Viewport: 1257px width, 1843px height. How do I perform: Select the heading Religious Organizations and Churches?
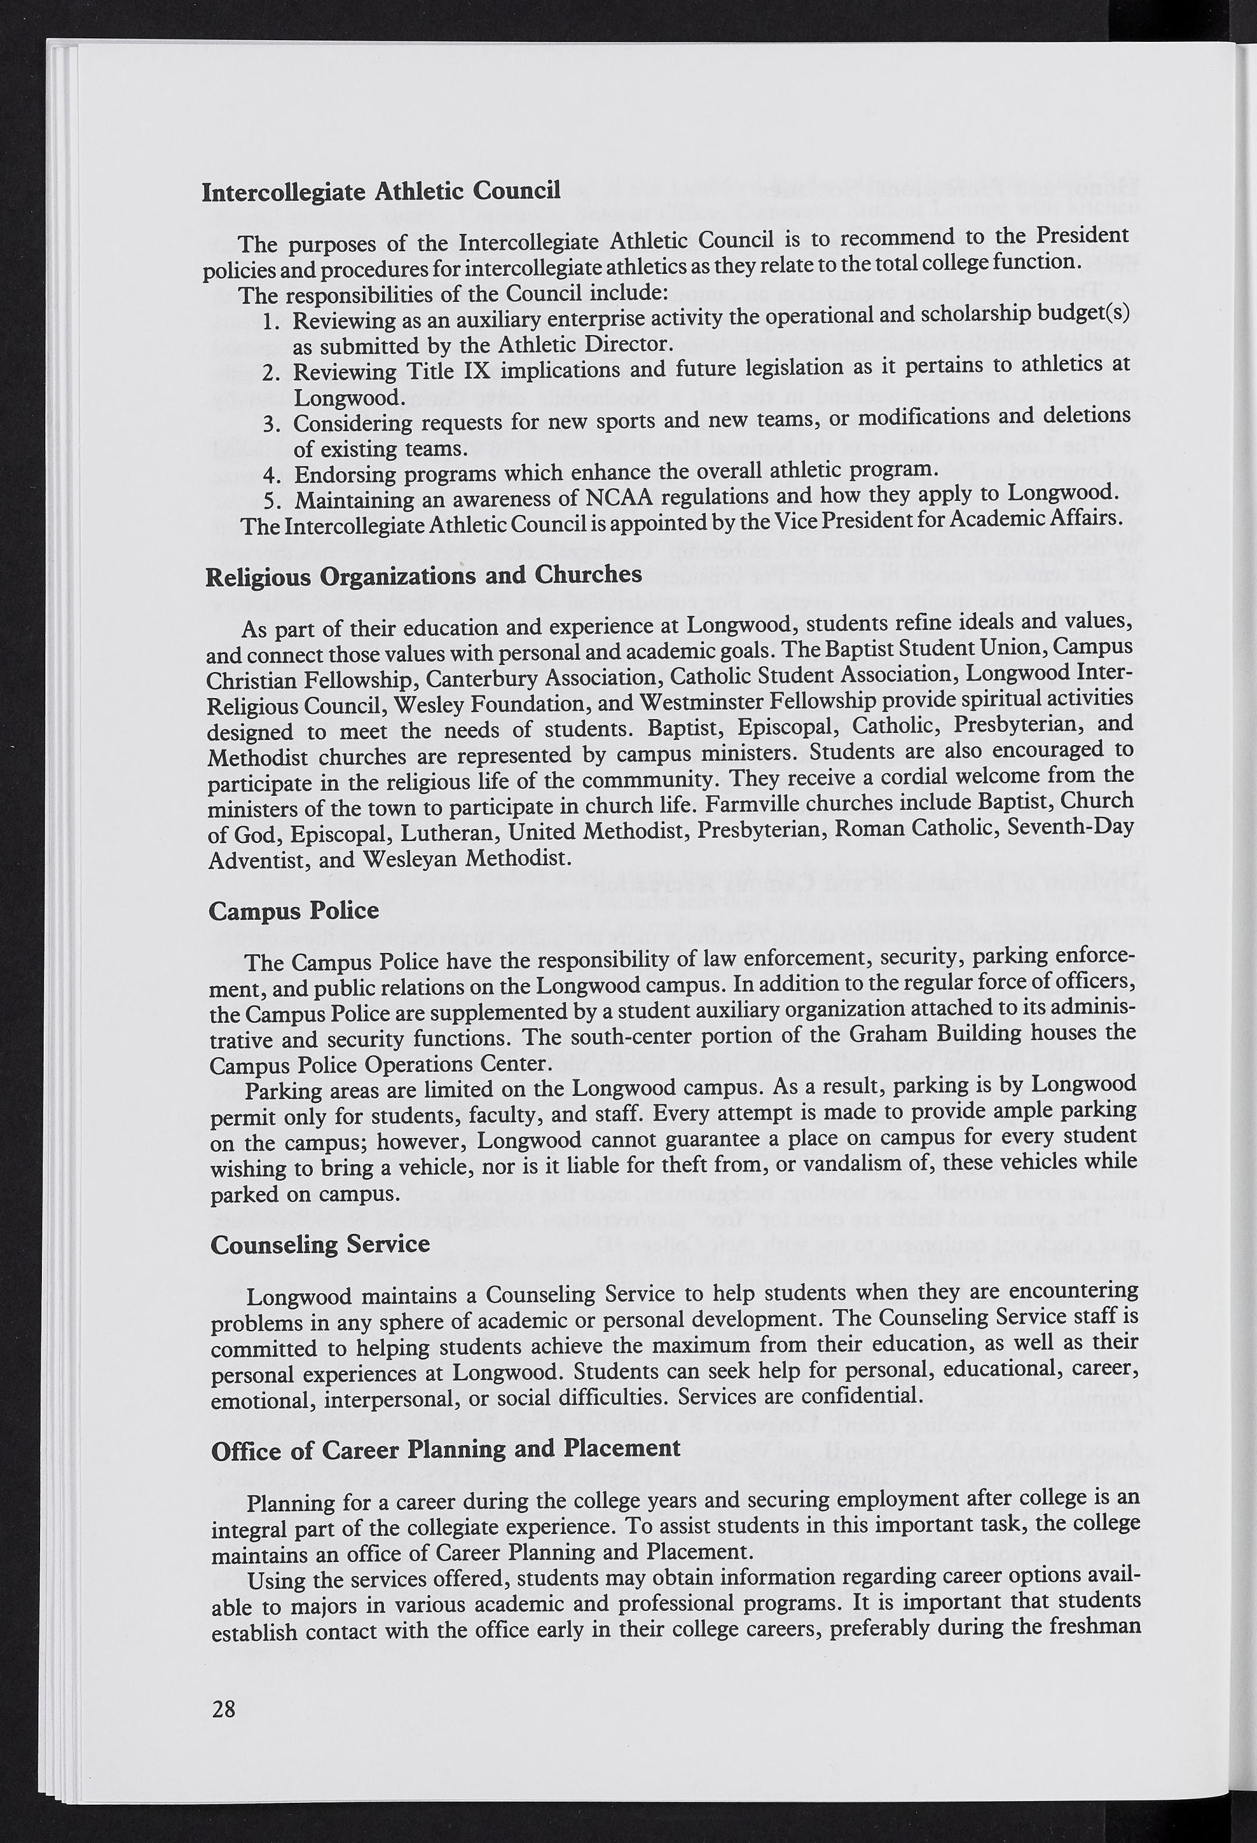(x=423, y=576)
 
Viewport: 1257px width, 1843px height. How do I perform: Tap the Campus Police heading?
(x=293, y=911)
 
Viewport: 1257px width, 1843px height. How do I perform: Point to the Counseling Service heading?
(x=321, y=1244)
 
